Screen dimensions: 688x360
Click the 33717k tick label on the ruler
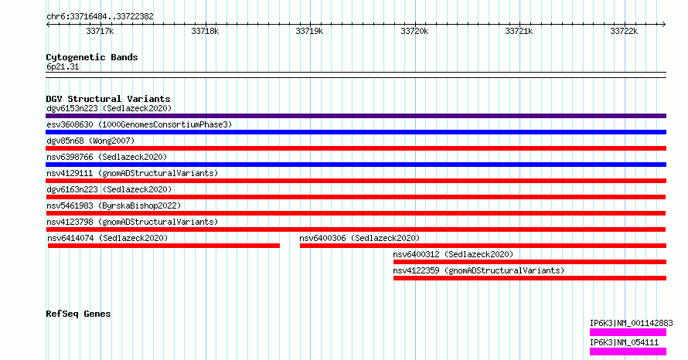(x=100, y=31)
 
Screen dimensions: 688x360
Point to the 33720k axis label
(x=414, y=31)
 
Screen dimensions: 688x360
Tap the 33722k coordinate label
(x=624, y=31)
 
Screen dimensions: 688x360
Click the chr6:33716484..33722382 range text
(x=100, y=17)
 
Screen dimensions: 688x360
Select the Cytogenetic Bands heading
(x=92, y=57)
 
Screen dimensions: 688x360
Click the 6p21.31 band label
(x=63, y=66)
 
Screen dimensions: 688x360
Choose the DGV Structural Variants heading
(x=108, y=99)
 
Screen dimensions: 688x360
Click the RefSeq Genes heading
(x=78, y=314)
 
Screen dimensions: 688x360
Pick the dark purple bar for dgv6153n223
(x=356, y=116)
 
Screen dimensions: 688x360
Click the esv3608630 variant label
(x=139, y=124)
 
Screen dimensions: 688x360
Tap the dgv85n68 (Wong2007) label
(x=90, y=141)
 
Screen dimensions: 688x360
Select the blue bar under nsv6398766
(x=356, y=165)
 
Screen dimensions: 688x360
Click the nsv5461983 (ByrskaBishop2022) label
(x=114, y=205)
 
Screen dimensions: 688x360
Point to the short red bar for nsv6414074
(x=164, y=246)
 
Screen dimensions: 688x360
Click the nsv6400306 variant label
(x=359, y=238)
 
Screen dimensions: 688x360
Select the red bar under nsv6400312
(x=530, y=262)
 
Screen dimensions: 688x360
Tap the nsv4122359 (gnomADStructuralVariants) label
(x=479, y=270)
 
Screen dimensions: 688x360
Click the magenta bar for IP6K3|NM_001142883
(x=628, y=332)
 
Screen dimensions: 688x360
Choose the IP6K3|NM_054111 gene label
(x=624, y=342)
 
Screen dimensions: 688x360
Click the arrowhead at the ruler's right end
(x=664, y=25)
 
